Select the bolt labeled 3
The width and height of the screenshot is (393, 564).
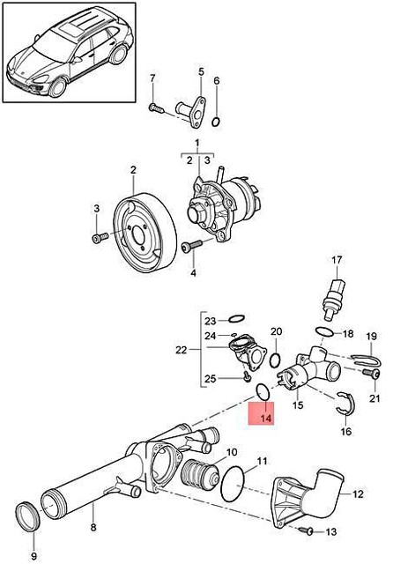[x=100, y=237]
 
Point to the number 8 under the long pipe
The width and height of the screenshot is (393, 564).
[x=94, y=530]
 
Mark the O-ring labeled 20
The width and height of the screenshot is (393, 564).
[x=276, y=360]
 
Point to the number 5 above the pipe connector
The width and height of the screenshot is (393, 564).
[x=200, y=71]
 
